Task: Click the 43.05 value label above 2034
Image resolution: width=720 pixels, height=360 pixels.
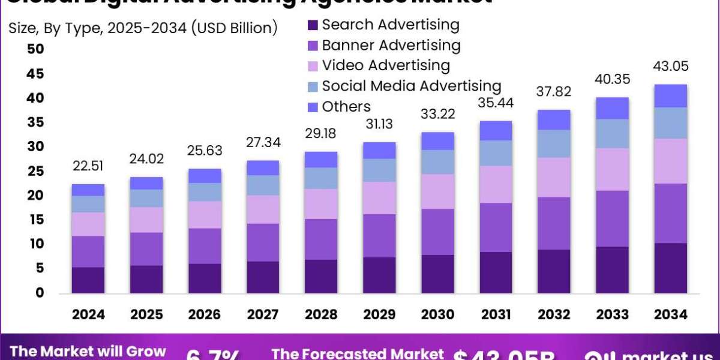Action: coord(671,67)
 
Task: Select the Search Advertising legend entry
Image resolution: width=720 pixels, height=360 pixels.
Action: coord(390,25)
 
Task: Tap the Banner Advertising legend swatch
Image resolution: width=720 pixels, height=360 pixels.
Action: coord(313,46)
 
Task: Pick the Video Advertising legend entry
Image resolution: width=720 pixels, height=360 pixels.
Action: coord(385,65)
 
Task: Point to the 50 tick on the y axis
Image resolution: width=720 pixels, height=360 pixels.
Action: coord(35,49)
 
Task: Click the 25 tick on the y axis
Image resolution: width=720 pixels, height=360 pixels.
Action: coord(35,172)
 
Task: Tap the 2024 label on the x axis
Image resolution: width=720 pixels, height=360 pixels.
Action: coord(88,314)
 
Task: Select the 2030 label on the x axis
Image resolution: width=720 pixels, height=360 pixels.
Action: coord(437,314)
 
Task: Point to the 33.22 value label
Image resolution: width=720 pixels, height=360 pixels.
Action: coord(438,114)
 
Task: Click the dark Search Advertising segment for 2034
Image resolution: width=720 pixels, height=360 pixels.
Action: coord(671,268)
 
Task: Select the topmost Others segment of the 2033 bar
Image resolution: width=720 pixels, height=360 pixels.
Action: coord(613,108)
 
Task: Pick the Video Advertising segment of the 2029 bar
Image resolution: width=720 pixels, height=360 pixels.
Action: coord(379,198)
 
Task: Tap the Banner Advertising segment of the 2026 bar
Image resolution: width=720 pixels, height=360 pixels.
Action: coord(205,246)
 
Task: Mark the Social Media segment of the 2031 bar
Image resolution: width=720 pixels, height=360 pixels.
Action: coord(496,153)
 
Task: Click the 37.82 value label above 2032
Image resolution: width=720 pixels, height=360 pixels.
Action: coord(554,92)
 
